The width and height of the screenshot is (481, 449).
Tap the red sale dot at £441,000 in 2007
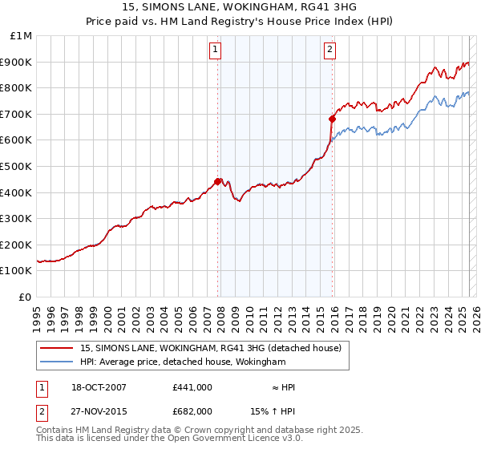[218, 181]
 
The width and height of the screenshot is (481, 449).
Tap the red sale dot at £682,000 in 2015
[333, 118]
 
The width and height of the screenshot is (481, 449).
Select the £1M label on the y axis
[22, 35]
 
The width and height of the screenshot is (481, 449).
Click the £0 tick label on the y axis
[26, 297]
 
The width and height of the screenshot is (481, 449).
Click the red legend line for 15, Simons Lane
[58, 348]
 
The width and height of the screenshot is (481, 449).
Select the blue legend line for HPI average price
[58, 362]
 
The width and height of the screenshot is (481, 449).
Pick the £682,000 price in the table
[192, 411]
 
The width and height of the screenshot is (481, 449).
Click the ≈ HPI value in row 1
[283, 387]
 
